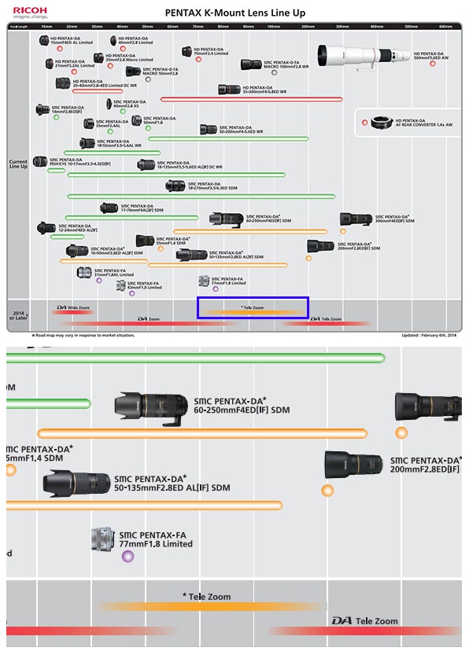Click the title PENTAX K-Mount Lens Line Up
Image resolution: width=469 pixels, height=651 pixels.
coord(234,13)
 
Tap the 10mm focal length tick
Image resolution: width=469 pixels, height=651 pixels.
coord(46,27)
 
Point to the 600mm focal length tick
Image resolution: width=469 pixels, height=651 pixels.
coord(445,27)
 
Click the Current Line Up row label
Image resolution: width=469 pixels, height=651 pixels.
coord(18,164)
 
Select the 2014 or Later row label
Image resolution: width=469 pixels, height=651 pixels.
coord(18,314)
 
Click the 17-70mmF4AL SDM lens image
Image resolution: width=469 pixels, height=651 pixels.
coord(109,208)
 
